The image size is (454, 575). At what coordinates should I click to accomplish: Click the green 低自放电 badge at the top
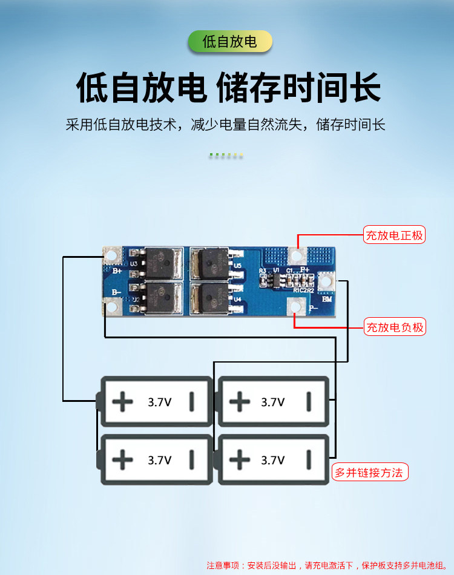point(229,41)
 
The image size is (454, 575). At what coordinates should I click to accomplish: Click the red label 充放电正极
point(394,235)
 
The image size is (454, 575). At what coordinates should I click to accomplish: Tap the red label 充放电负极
point(394,327)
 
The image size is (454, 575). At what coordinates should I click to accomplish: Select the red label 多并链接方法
point(369,472)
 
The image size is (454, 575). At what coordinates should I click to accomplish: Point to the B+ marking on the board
point(117,272)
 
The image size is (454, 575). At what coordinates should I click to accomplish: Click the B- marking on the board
point(116,292)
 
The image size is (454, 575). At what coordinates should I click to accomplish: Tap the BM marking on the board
point(327,300)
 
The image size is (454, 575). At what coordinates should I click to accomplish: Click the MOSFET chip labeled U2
point(160,298)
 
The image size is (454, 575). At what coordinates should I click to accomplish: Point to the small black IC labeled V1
point(275,280)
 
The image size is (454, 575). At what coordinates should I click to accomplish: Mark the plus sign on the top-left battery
point(123,401)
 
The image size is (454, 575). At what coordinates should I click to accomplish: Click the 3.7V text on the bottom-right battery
point(272,460)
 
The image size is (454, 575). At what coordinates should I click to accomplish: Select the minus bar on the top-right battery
point(308,401)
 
